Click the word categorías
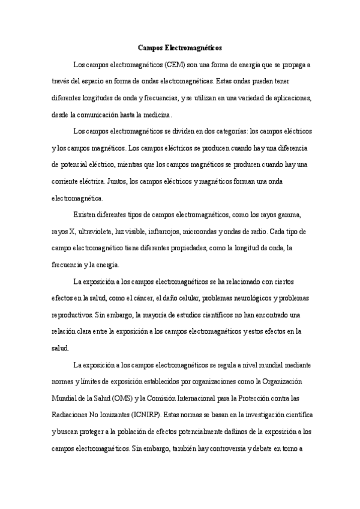pyautogui.click(x=231, y=131)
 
